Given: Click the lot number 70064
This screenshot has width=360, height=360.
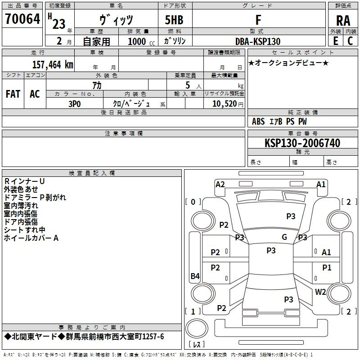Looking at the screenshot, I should click(22, 19).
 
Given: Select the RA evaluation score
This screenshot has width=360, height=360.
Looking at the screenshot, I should click(343, 20).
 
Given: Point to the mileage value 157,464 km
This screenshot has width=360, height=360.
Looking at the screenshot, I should click(53, 64).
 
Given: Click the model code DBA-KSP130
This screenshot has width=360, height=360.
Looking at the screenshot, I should click(258, 41).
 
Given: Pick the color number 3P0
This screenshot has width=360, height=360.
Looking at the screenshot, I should click(74, 103).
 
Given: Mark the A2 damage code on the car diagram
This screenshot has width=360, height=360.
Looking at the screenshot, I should click(220, 184).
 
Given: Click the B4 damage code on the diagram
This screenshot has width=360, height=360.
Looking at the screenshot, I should click(195, 276).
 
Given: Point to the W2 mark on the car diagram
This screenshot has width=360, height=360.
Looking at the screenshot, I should click(320, 292).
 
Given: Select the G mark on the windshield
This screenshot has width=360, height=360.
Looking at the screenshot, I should click(284, 237).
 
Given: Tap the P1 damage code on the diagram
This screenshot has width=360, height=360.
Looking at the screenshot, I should click(327, 268).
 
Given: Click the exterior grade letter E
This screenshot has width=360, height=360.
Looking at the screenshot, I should click(335, 41).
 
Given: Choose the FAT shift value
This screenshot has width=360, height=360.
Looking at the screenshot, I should click(13, 94).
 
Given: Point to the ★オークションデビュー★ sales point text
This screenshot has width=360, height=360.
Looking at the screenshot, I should click(288, 63).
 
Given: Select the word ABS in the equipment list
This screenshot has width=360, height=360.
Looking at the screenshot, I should click(258, 121).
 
